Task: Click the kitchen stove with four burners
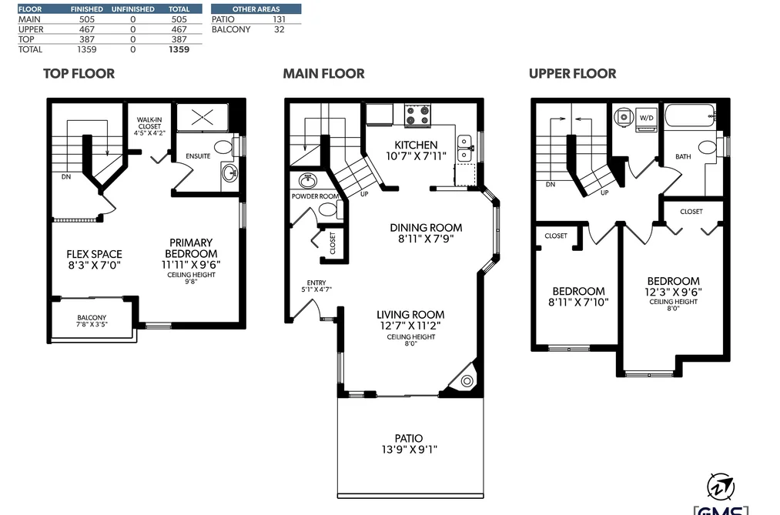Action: [417, 115]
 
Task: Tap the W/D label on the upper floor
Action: [646, 118]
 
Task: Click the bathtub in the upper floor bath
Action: [690, 115]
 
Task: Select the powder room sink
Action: [308, 180]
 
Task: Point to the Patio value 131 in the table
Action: [279, 19]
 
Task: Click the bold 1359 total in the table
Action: [179, 49]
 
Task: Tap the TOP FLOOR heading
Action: [79, 74]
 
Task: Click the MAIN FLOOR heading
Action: [324, 74]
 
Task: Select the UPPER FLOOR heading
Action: [573, 74]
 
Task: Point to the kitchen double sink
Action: [464, 148]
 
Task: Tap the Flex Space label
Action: [95, 254]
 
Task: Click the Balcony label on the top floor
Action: [92, 317]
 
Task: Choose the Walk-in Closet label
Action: [149, 123]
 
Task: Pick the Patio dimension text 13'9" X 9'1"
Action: [410, 450]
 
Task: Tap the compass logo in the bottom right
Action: [721, 487]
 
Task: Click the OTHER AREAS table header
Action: [256, 9]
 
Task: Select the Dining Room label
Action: [426, 228]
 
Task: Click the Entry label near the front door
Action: [316, 283]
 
